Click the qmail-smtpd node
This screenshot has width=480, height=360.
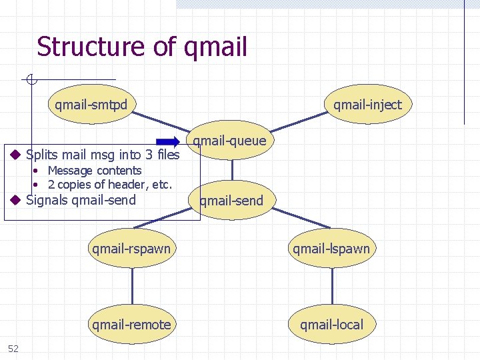click(91, 105)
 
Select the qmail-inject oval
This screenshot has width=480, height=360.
click(367, 105)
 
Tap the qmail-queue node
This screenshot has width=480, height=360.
click(229, 141)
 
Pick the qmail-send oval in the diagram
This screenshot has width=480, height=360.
click(231, 201)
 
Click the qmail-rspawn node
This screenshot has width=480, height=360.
click(131, 249)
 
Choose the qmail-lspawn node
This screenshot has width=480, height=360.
click(331, 249)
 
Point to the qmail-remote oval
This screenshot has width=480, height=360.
click(131, 325)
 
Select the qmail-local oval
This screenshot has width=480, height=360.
click(331, 325)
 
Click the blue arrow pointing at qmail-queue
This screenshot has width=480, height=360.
click(168, 141)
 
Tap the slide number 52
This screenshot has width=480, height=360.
click(13, 348)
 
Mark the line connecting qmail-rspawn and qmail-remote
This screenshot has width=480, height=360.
click(131, 287)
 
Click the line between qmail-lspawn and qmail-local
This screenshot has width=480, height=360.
click(331, 287)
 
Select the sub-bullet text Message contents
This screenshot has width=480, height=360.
click(95, 171)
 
